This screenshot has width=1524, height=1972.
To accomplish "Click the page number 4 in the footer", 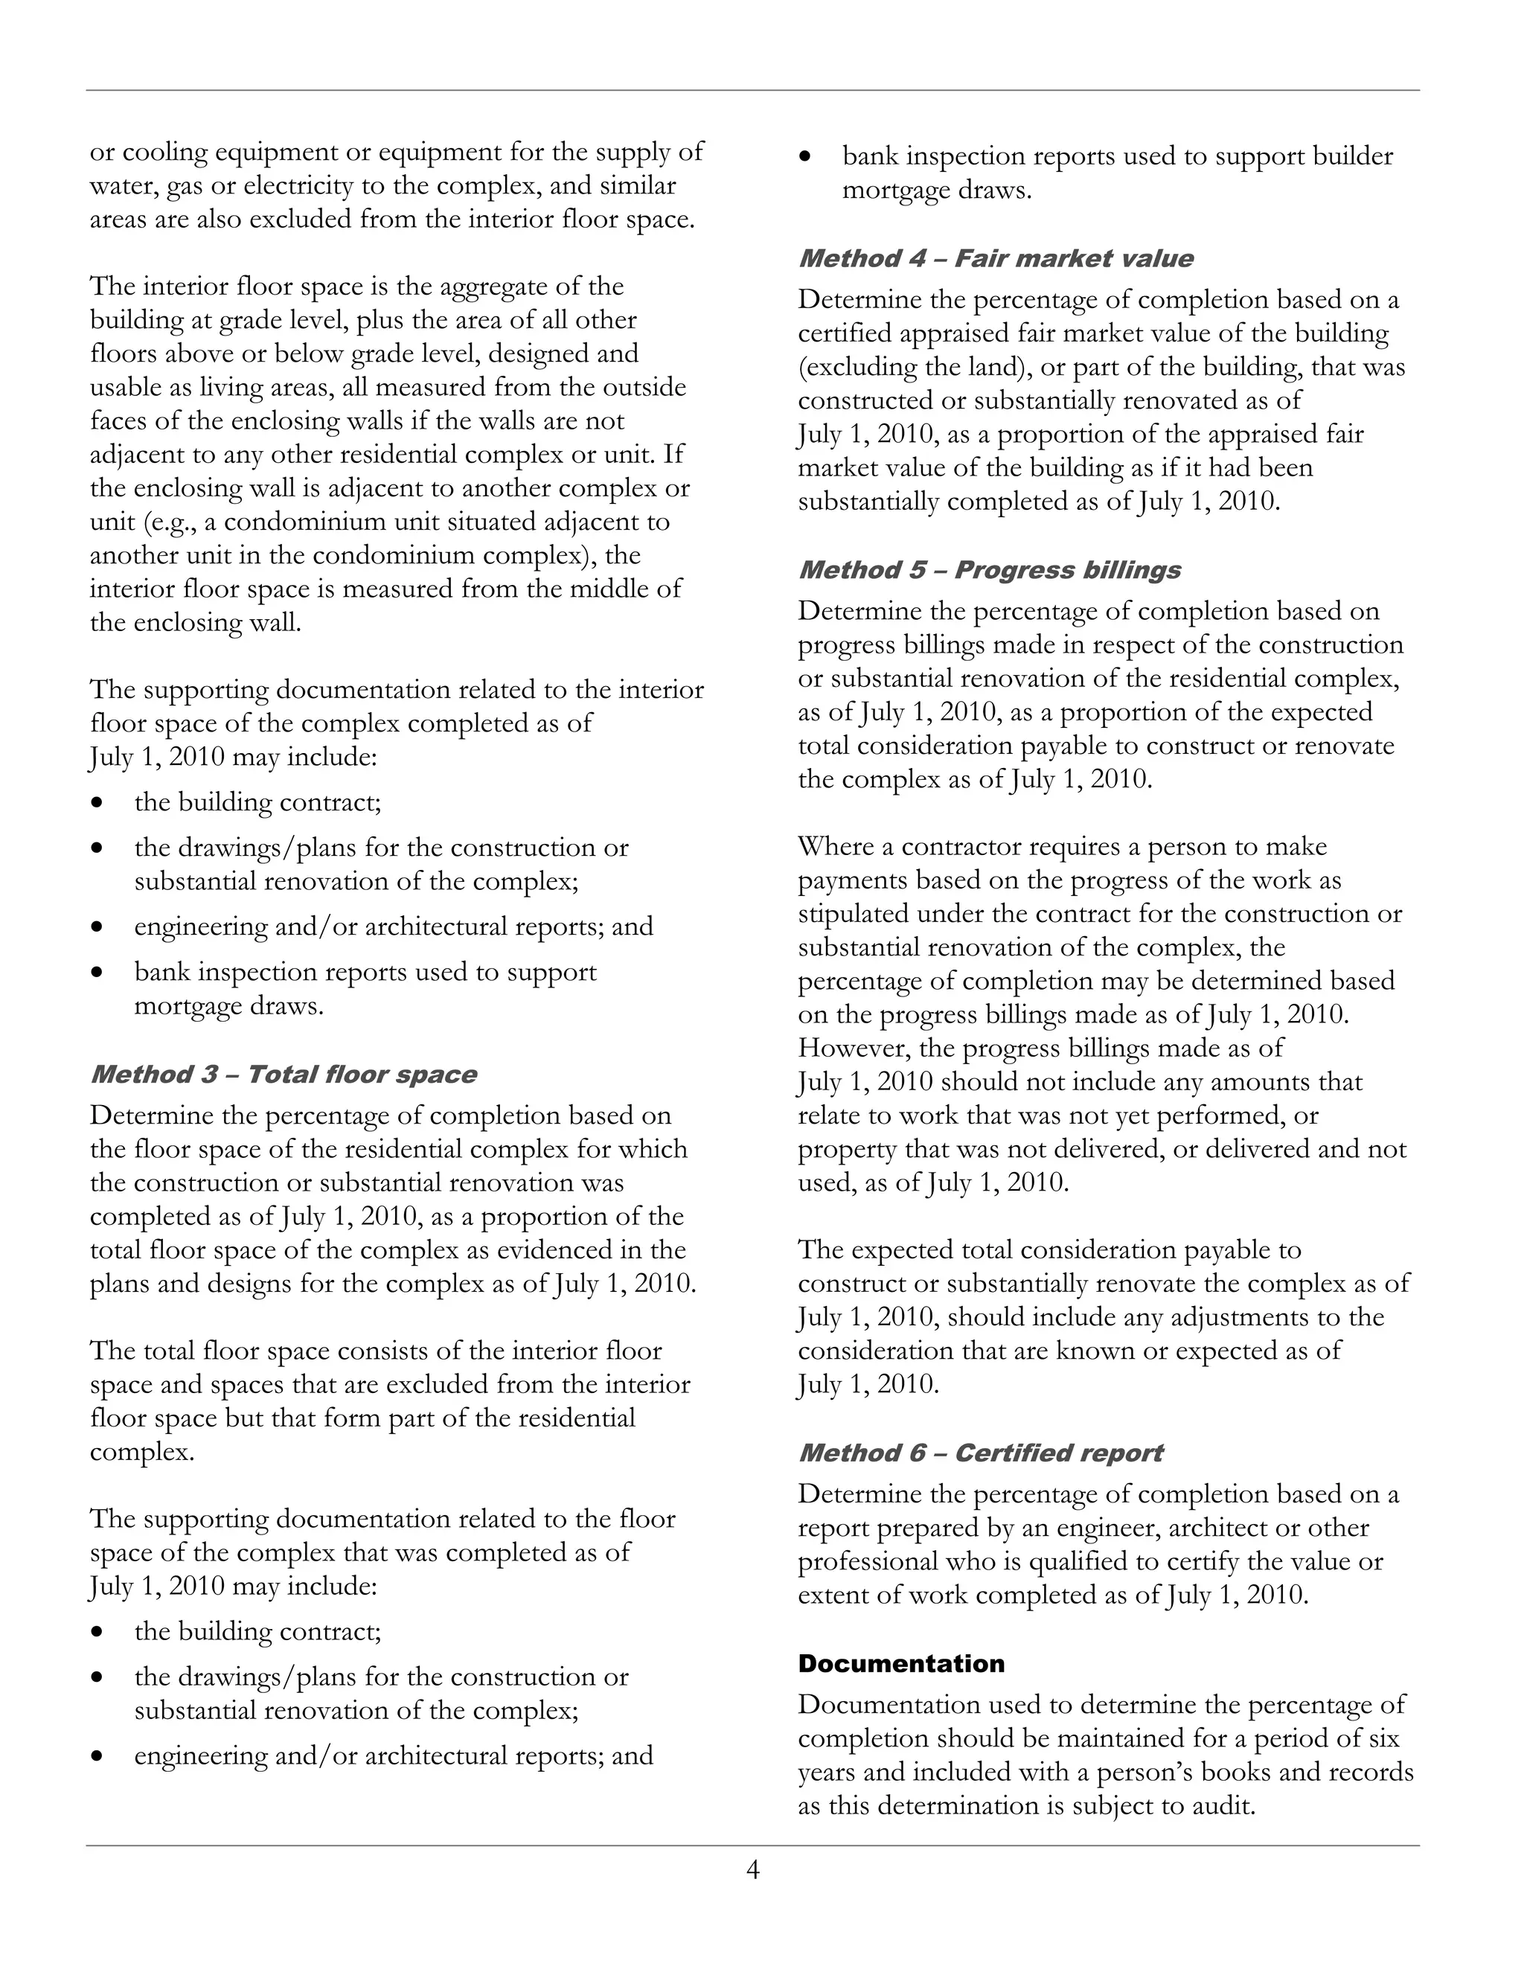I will [x=753, y=1870].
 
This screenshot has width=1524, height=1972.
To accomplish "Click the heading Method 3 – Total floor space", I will [x=284, y=1075].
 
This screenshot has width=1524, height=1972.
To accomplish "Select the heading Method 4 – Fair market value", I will [x=995, y=259].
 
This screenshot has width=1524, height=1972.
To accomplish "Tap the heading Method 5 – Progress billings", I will [x=990, y=571].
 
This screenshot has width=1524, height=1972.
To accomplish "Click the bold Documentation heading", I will [x=901, y=1663].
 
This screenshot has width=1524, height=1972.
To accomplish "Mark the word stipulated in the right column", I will [x=854, y=914].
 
